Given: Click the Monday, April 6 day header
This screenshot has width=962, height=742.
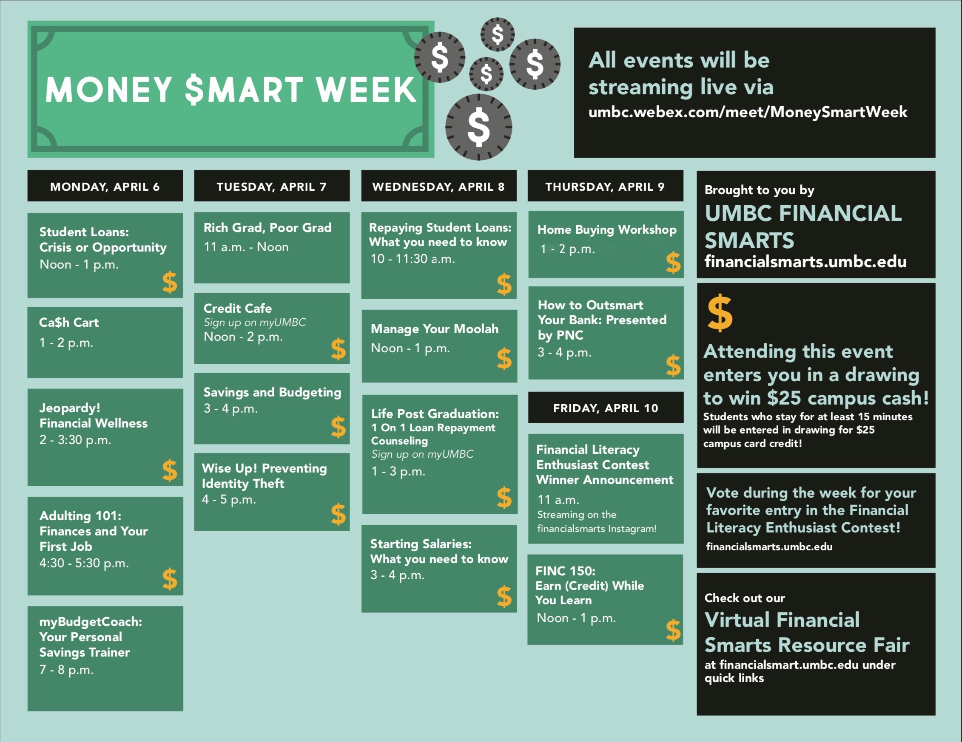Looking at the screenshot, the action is coord(105,186).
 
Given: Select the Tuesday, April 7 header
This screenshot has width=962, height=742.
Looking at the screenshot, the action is coord(272,186).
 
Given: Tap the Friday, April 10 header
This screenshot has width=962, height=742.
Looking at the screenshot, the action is coord(606,408).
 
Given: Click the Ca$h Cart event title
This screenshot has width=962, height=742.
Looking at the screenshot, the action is coord(69,322).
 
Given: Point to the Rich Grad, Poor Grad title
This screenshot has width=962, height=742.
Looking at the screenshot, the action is coord(268,227).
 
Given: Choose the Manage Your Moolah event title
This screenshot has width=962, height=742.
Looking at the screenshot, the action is coord(434,329).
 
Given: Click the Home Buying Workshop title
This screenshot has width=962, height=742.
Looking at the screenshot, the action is coord(607,229).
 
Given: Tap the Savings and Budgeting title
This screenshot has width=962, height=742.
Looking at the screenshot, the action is coord(272,392).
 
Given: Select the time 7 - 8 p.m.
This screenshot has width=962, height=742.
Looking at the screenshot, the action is coord(66,669).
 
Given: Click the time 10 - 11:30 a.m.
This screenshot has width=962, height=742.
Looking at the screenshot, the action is coord(413,258).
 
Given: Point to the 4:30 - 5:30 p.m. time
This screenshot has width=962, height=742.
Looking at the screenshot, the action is coord(84,563).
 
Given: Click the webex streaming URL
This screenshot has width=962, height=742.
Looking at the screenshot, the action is coord(748,112).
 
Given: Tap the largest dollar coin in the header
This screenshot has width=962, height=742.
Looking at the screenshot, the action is coord(478,127).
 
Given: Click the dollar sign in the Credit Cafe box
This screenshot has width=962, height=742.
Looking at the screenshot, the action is coord(338,348).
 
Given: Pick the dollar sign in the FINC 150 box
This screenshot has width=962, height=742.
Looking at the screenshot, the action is coord(673,630).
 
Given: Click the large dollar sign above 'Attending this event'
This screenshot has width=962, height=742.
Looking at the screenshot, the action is coord(720,313).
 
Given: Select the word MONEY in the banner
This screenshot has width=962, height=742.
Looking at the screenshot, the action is coord(108,89).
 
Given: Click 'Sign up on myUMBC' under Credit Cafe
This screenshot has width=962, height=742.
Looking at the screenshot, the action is coord(255,322).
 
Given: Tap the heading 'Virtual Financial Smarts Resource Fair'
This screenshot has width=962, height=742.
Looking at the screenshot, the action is coord(806,632).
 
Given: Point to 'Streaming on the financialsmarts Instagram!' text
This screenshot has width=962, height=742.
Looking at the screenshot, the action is coord(596,521).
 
